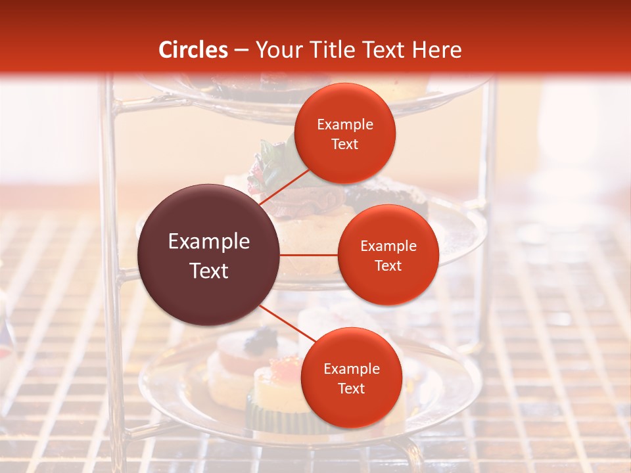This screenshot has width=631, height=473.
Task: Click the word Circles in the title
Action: [x=193, y=50]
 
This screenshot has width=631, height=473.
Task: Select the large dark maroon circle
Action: [x=209, y=255]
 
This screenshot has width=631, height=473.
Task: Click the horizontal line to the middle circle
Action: [x=309, y=255]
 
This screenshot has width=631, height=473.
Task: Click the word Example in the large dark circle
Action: [x=209, y=242]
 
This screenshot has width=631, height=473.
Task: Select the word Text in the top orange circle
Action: [x=345, y=145]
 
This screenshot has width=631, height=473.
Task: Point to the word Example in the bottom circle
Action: [x=351, y=369]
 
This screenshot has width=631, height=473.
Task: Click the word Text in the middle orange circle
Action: [x=388, y=265]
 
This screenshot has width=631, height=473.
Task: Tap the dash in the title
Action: [x=241, y=50]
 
